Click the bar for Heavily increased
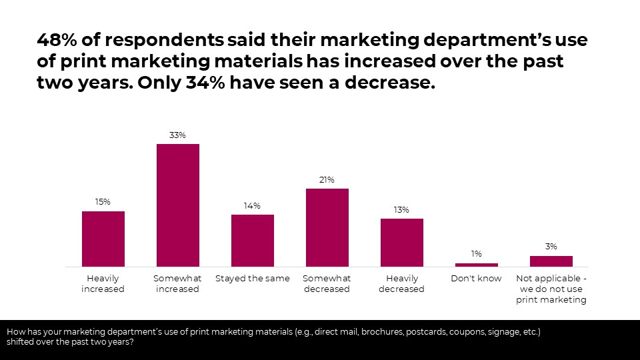[x=103, y=239]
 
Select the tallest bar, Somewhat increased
[x=178, y=205]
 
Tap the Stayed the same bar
[x=253, y=241]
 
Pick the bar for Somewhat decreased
[x=327, y=227]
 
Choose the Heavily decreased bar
[x=402, y=243]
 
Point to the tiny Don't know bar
[x=476, y=265]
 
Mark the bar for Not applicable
[x=551, y=261]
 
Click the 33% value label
[x=177, y=135]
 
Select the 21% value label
[x=327, y=180]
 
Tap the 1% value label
[x=476, y=254]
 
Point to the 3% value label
[x=551, y=247]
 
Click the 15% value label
[x=103, y=202]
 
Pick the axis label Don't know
[x=476, y=279]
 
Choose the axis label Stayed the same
[x=252, y=279]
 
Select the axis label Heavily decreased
[x=402, y=284]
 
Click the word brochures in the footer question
[x=382, y=331]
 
